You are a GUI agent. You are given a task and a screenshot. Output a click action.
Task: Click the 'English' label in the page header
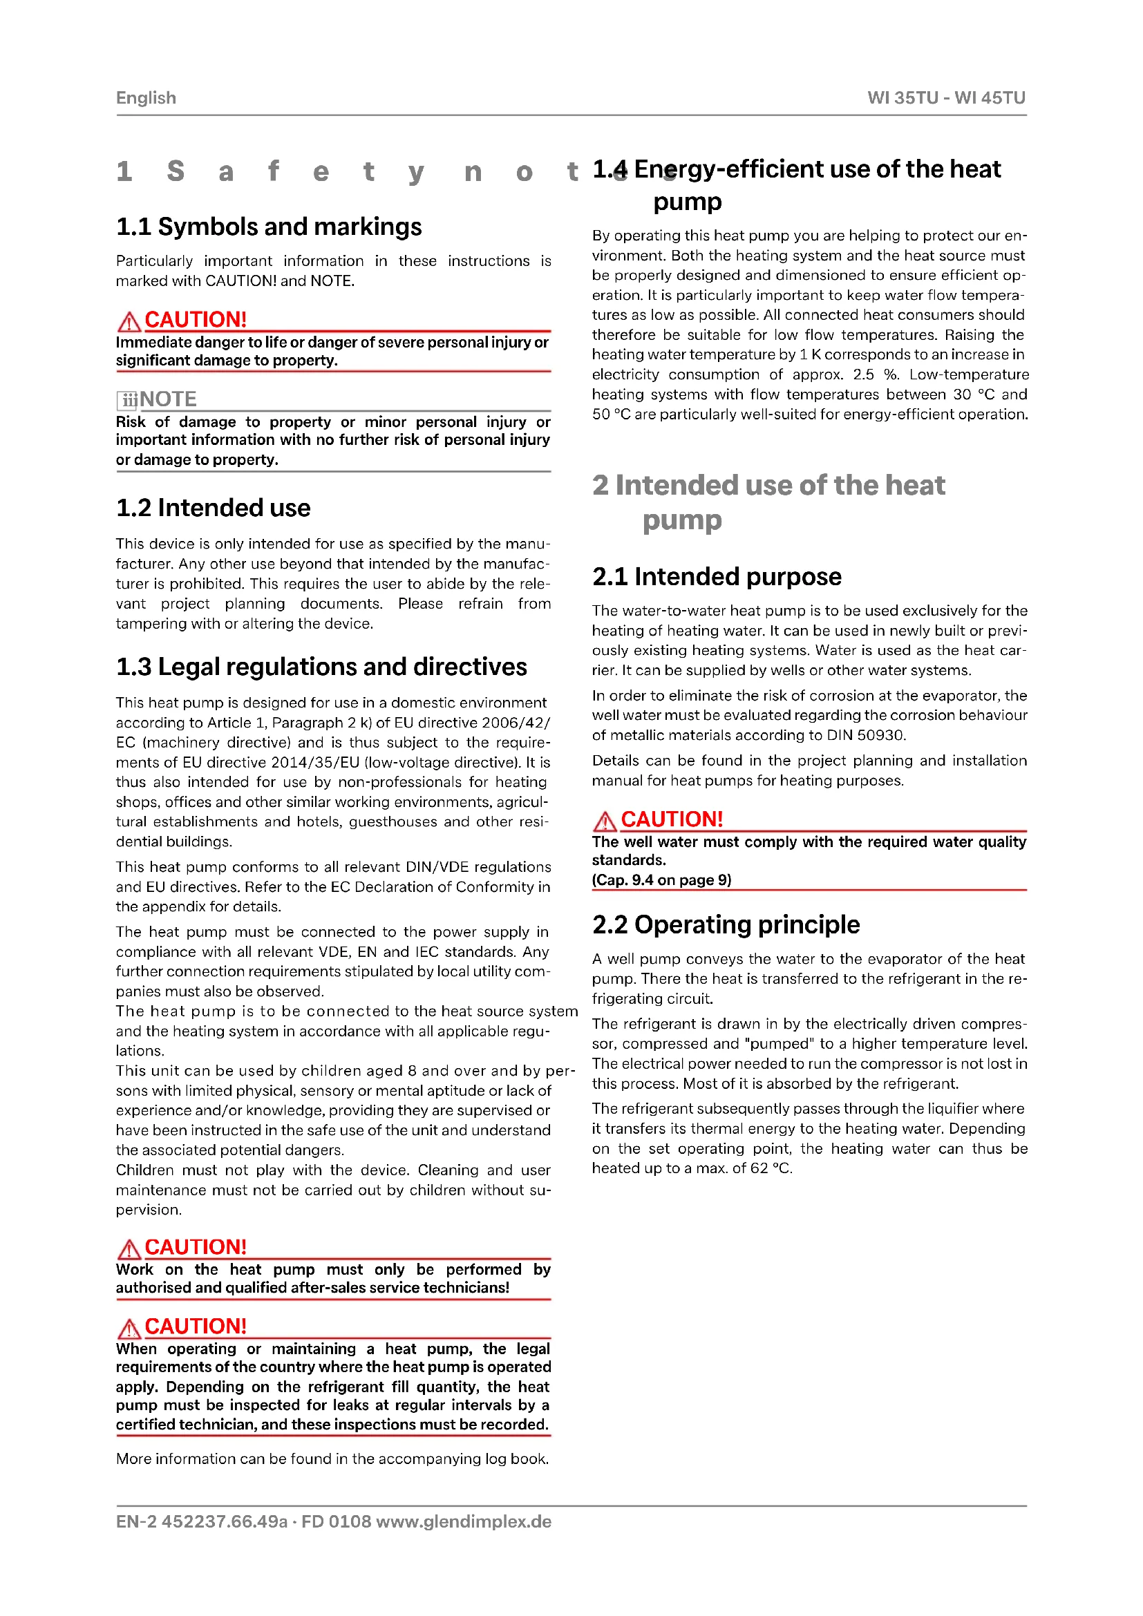pos(146,98)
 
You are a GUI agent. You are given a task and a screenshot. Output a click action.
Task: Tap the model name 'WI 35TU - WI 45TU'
pos(946,98)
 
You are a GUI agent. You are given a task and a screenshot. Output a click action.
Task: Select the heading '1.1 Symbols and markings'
pos(269,227)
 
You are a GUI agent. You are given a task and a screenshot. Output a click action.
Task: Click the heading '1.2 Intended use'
pos(214,508)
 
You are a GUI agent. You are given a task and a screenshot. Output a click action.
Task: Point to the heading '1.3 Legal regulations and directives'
pos(321,667)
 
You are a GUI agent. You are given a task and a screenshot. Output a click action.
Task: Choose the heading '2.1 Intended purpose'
pos(717,576)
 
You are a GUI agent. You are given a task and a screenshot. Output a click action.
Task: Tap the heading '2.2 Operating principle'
pos(726,924)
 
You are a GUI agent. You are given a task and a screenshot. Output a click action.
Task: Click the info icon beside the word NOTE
pos(126,400)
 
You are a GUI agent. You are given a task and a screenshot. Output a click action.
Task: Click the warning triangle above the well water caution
pos(605,820)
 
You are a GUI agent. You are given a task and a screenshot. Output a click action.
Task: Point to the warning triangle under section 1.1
pos(129,321)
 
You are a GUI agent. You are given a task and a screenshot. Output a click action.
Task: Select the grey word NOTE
pos(168,399)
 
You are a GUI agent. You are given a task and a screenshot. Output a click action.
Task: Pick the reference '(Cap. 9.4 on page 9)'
pos(661,880)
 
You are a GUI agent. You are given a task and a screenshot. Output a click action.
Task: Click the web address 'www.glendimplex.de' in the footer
pos(464,1521)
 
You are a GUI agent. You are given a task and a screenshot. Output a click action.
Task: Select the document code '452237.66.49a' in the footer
pos(225,1521)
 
